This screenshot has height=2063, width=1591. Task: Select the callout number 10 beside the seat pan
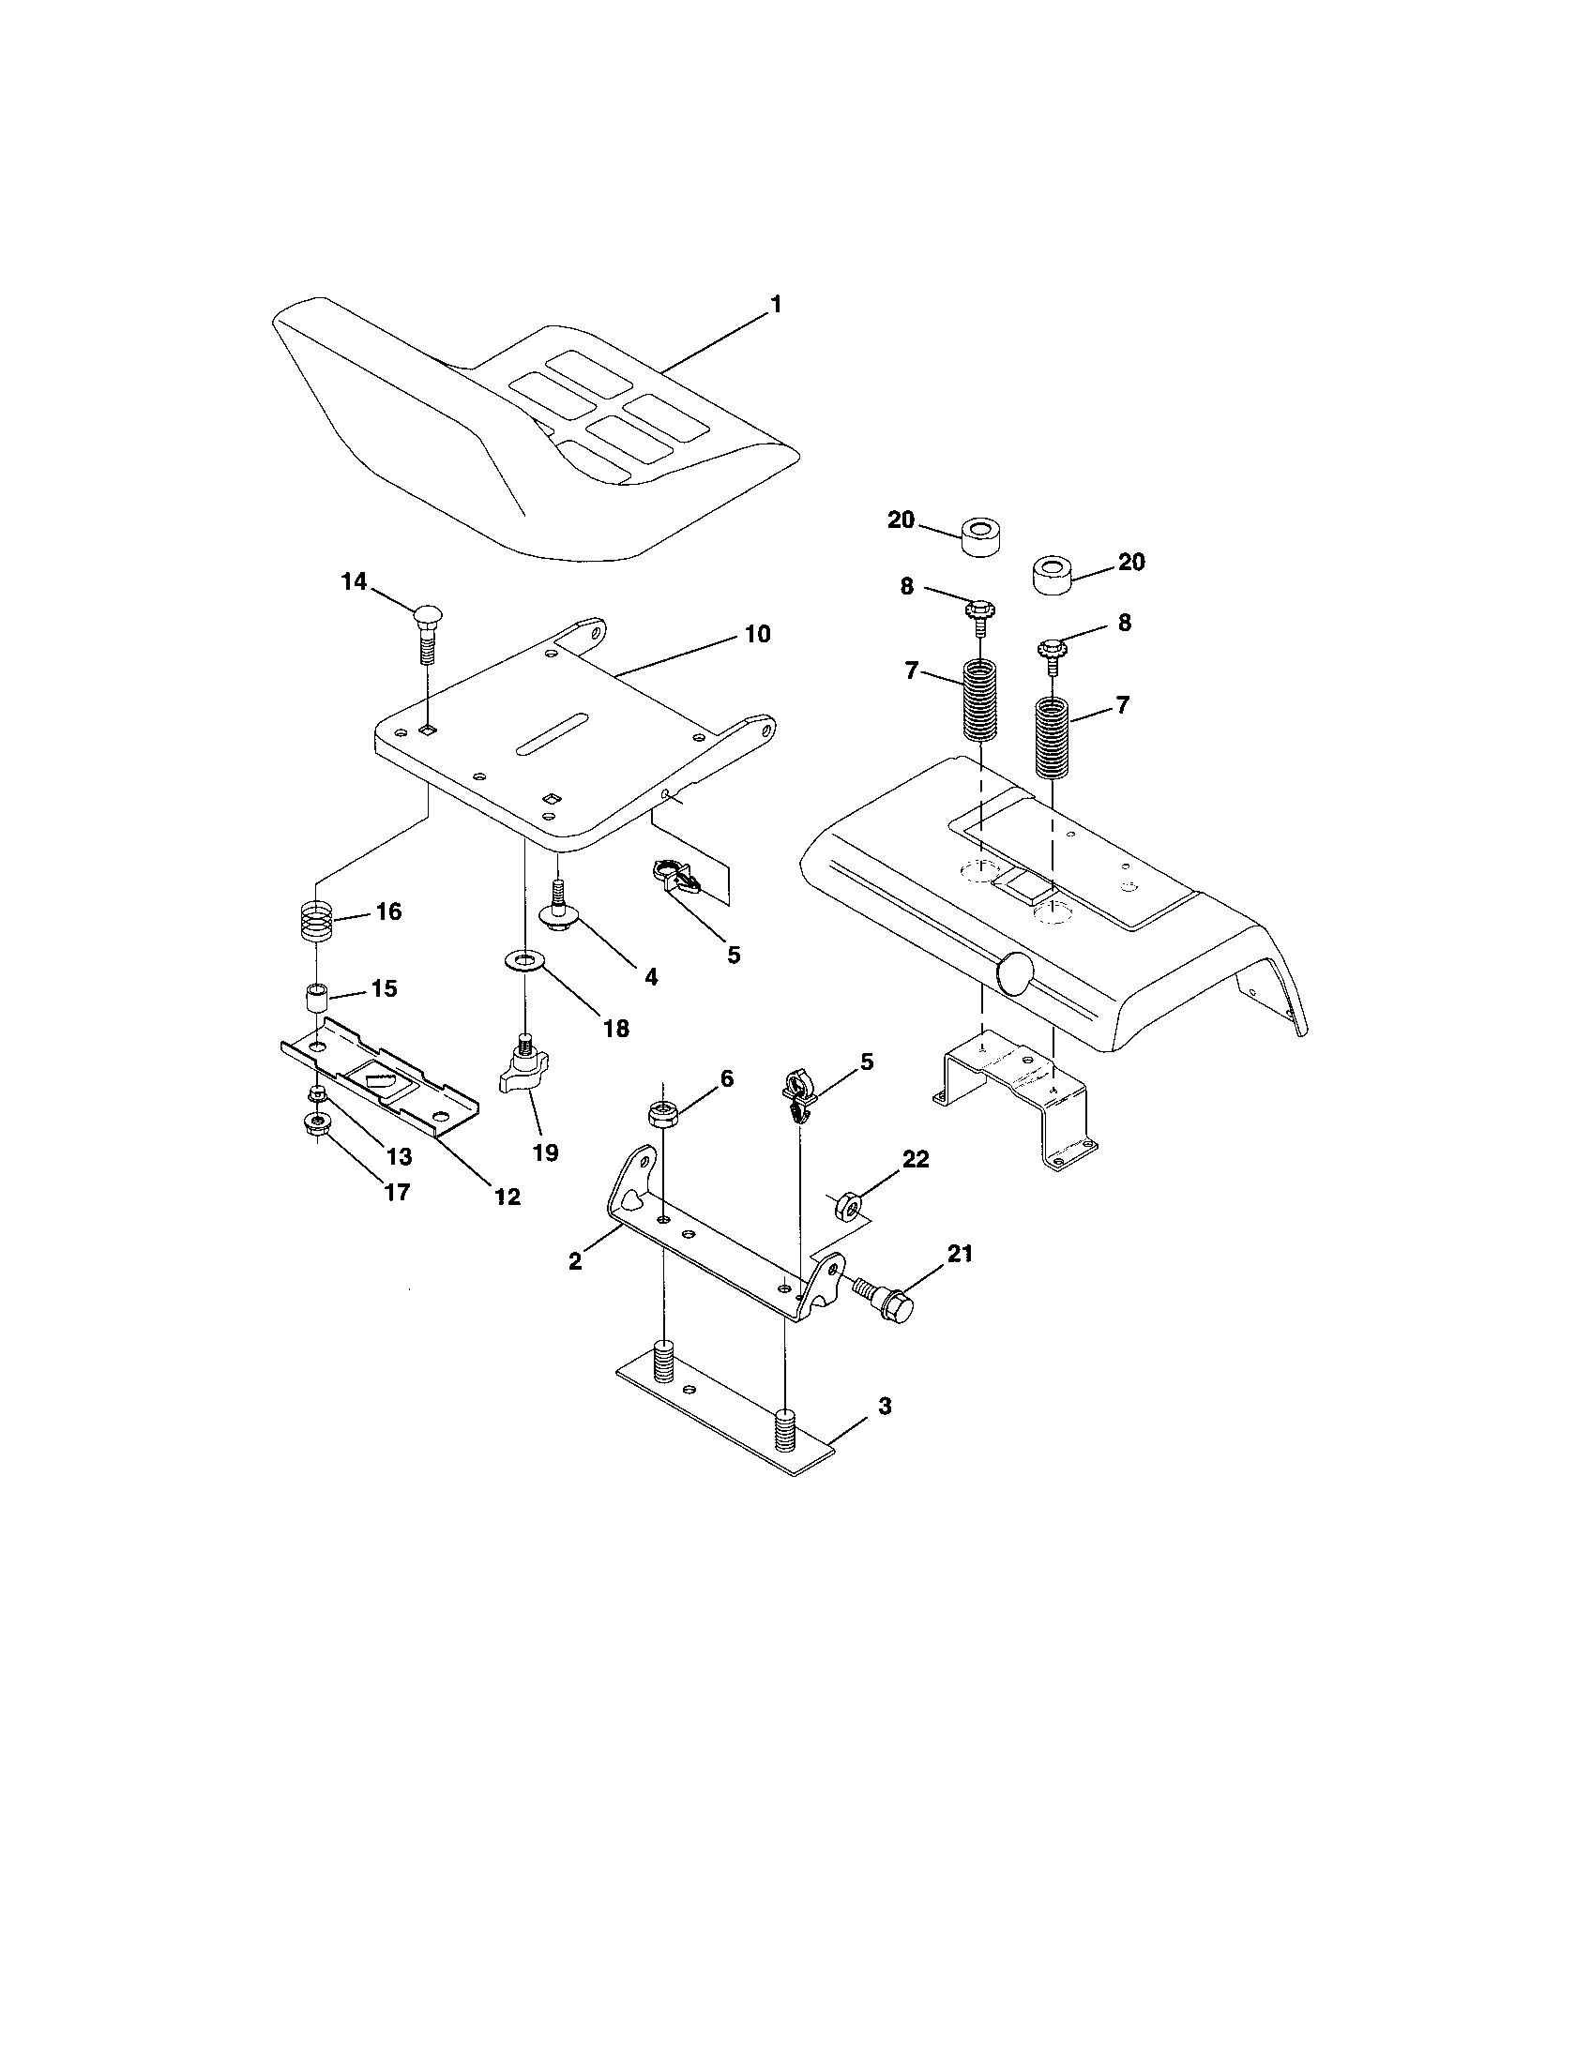[757, 634]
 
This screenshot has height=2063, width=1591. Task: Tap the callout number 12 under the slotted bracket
[507, 1197]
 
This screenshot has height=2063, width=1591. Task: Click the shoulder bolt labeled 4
[558, 909]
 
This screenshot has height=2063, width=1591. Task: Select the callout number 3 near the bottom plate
[884, 1432]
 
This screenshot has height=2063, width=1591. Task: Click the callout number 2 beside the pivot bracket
[575, 1261]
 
